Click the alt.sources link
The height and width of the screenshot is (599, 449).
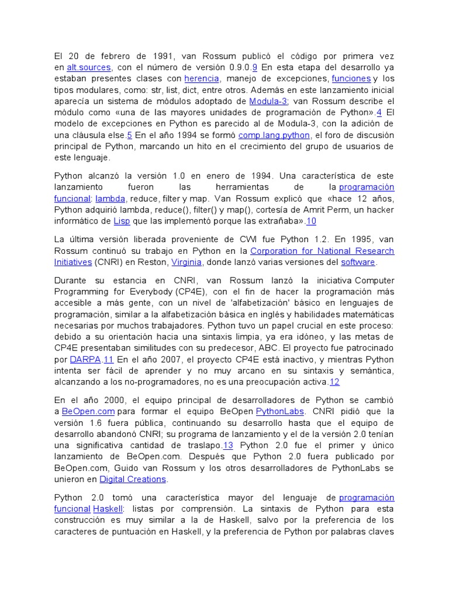click(x=88, y=67)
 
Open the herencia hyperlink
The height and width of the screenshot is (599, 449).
click(x=202, y=78)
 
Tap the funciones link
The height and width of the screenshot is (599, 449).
click(x=351, y=78)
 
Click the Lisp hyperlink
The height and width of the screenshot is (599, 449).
click(x=122, y=221)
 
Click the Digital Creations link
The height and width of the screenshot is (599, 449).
click(x=133, y=479)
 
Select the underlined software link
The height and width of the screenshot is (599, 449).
click(x=358, y=262)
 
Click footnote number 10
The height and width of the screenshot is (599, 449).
click(x=311, y=221)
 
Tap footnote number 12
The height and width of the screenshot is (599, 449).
click(x=334, y=382)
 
